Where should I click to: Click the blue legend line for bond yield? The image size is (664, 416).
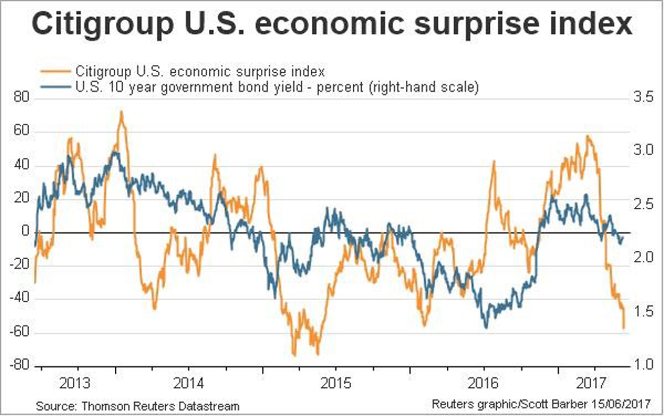57,87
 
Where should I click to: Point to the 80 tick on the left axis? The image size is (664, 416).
22,99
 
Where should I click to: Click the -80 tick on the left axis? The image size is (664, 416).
20,366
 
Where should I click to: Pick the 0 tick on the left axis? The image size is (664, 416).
25,233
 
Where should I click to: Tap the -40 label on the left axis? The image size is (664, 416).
20,300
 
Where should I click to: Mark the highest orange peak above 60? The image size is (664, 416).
121,112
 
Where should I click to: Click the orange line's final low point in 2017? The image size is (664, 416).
624,329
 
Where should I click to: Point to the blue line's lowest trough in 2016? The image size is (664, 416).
486,327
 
